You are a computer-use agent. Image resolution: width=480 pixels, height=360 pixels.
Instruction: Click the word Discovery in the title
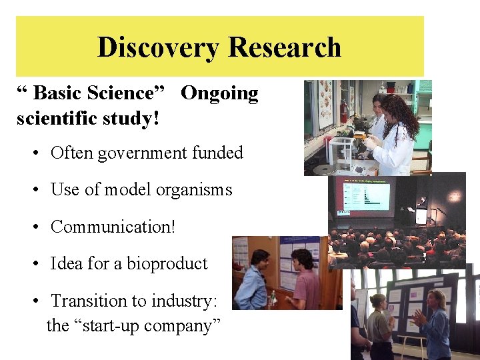tap(157, 47)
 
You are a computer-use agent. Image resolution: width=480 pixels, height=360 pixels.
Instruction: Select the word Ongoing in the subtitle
tap(219, 93)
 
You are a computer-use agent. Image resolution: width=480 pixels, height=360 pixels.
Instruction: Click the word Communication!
tap(113, 227)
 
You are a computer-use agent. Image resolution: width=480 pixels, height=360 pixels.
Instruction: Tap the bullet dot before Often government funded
tap(35, 154)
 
